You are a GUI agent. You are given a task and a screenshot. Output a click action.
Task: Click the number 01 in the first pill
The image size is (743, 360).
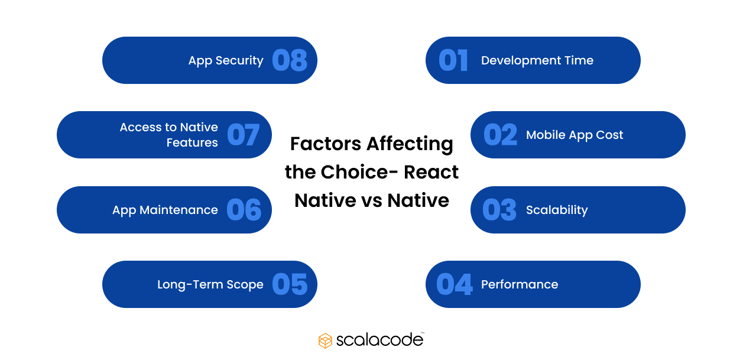(x=453, y=60)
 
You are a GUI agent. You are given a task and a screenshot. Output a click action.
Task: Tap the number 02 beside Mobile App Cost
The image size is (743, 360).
(x=500, y=135)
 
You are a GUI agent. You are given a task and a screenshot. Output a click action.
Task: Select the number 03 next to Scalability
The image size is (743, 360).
(x=499, y=210)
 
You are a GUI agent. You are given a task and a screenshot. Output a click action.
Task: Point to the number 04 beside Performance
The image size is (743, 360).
(x=455, y=284)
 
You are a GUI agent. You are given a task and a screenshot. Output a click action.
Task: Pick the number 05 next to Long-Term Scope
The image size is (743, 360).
(x=290, y=284)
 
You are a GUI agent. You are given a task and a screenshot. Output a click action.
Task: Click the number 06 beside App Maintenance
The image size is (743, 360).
(x=244, y=210)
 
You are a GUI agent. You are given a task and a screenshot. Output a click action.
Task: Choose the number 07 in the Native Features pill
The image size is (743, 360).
(x=244, y=135)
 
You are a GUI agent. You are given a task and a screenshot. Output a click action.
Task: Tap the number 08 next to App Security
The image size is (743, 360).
(x=290, y=60)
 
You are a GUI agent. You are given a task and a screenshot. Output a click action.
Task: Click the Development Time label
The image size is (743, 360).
(x=537, y=60)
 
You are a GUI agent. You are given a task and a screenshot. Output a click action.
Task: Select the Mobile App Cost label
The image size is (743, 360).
(x=575, y=135)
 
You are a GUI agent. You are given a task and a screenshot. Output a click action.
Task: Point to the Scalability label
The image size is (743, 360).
(x=557, y=210)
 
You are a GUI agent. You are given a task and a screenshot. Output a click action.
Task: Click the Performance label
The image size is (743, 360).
(x=520, y=284)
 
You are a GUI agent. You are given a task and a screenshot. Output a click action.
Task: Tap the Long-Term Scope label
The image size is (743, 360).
(x=210, y=284)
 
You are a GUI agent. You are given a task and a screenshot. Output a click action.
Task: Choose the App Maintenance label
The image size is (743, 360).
(x=165, y=210)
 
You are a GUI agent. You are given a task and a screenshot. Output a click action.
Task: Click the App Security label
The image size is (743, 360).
(x=226, y=60)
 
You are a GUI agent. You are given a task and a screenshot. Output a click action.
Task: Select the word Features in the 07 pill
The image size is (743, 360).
(x=192, y=142)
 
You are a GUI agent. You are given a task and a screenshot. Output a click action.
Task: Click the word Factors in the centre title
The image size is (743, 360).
(x=325, y=144)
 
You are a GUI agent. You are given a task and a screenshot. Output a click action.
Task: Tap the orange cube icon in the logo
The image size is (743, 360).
(x=325, y=340)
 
